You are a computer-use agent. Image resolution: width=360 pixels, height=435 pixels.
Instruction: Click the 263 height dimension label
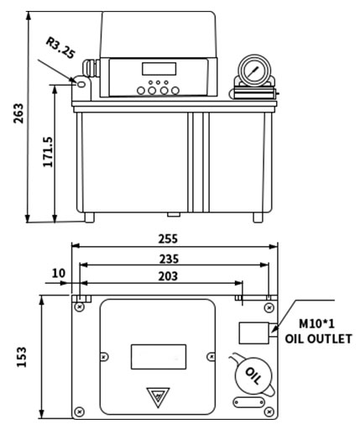click(x=18, y=113)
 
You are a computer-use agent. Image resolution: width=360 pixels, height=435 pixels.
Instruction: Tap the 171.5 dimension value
click(x=48, y=152)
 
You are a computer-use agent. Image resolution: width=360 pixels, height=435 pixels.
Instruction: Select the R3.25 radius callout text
click(x=60, y=48)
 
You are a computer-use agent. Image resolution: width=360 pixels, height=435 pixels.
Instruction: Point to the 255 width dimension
click(x=168, y=238)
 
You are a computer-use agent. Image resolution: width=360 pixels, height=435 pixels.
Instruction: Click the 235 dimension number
click(x=169, y=259)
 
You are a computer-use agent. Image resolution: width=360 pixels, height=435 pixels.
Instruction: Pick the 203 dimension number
click(x=168, y=276)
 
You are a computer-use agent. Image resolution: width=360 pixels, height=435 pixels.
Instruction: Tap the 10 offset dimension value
click(x=59, y=273)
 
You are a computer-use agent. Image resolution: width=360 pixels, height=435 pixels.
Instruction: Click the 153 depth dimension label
click(x=22, y=357)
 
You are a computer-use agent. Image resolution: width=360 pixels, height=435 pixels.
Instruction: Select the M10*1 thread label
click(x=316, y=324)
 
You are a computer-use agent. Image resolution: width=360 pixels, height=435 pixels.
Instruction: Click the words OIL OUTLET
click(x=318, y=338)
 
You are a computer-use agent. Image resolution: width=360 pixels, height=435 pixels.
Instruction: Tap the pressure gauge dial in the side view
click(x=254, y=69)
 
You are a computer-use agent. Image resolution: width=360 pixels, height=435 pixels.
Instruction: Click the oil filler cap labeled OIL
click(x=253, y=375)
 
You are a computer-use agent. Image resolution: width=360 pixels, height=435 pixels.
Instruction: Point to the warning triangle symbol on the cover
click(x=158, y=396)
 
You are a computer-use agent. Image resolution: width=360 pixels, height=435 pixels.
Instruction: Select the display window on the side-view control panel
click(x=159, y=69)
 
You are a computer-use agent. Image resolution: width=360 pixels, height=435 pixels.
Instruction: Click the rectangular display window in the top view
click(x=159, y=357)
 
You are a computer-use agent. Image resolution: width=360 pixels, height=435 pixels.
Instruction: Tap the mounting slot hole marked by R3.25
click(x=81, y=84)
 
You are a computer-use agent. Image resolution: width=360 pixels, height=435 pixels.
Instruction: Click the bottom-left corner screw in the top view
click(x=80, y=411)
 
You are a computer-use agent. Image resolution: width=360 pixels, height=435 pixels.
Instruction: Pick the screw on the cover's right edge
click(x=211, y=357)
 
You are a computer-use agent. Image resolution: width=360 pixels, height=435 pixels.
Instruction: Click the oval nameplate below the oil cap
click(x=249, y=402)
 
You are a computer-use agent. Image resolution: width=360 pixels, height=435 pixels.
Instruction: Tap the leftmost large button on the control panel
click(x=141, y=91)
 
